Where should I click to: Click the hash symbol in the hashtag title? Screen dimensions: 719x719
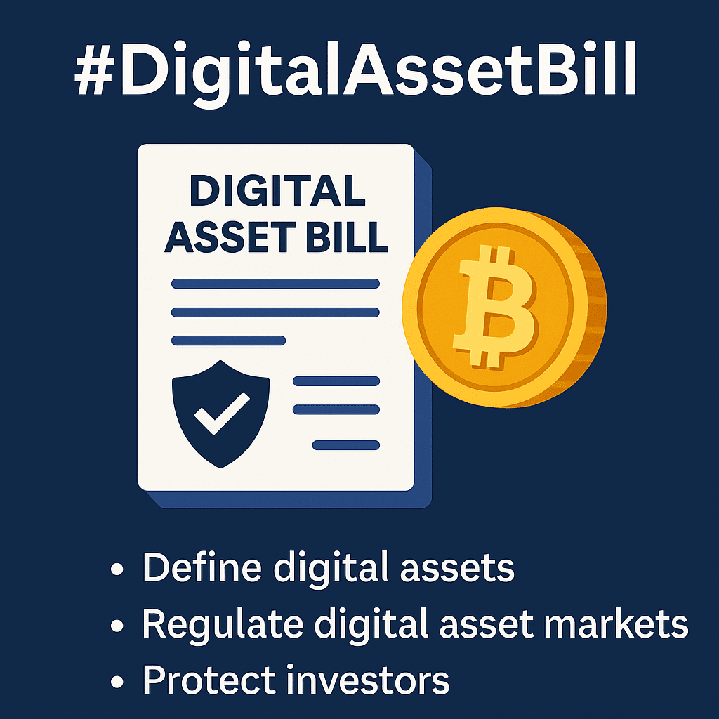[x=94, y=70]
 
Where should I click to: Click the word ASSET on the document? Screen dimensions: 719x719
[x=230, y=237]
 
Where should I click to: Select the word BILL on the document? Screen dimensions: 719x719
[x=347, y=237]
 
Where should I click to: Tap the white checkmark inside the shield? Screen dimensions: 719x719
[x=222, y=413]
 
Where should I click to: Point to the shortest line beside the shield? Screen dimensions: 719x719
[x=345, y=444]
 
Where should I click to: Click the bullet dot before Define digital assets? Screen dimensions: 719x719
[x=117, y=569]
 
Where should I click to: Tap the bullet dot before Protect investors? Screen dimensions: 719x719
[x=117, y=681]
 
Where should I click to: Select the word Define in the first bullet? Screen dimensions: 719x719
[x=202, y=567]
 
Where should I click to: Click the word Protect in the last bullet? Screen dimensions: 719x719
[x=209, y=679]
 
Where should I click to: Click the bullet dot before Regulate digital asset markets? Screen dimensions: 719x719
[x=117, y=626]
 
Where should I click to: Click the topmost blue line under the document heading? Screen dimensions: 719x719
[x=275, y=284]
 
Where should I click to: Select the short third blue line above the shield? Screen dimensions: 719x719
[x=228, y=341]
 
